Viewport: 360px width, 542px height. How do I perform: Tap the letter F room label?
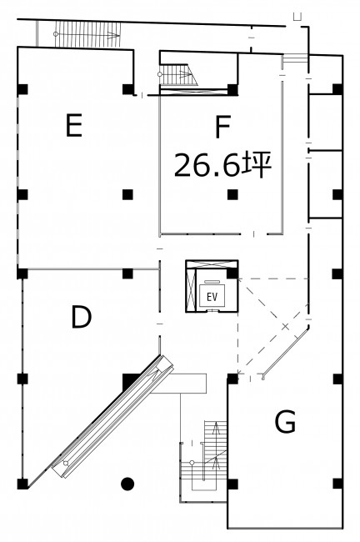tap(222, 127)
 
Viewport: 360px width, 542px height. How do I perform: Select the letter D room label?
tap(81, 317)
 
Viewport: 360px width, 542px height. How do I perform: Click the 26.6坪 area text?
tap(222, 165)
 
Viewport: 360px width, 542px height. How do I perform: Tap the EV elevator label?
tap(212, 297)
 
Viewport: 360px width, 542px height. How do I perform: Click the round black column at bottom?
tap(127, 484)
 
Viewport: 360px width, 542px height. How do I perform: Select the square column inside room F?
tap(232, 194)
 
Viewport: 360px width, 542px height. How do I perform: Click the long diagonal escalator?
tap(112, 417)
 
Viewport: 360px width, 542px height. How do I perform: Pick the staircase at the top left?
tap(87, 34)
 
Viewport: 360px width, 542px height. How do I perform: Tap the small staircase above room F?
tap(178, 74)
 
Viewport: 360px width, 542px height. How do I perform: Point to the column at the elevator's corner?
tap(232, 274)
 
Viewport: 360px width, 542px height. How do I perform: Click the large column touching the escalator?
tap(131, 382)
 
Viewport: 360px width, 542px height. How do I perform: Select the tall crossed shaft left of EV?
tap(191, 289)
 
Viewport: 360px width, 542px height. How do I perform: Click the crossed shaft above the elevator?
tap(212, 264)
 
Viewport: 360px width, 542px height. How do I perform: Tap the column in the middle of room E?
tap(127, 194)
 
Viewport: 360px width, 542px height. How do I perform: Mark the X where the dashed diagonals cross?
tap(285, 325)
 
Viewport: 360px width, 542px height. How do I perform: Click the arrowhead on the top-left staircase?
tap(111, 34)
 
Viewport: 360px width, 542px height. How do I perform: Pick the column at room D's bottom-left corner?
tap(22, 484)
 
